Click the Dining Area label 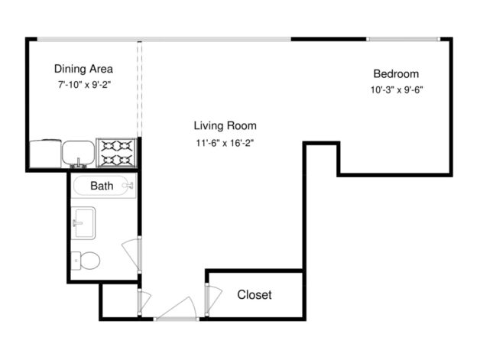(x=83, y=68)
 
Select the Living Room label (x=224, y=125)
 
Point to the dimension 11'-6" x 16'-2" (x=224, y=143)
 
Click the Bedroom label (x=395, y=74)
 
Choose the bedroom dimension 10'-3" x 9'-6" (x=395, y=89)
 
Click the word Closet (x=254, y=294)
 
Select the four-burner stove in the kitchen (x=118, y=152)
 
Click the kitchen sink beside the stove (x=77, y=153)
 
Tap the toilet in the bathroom (x=86, y=261)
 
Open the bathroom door (x=132, y=252)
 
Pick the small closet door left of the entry (x=139, y=301)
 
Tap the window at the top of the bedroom (x=403, y=38)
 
